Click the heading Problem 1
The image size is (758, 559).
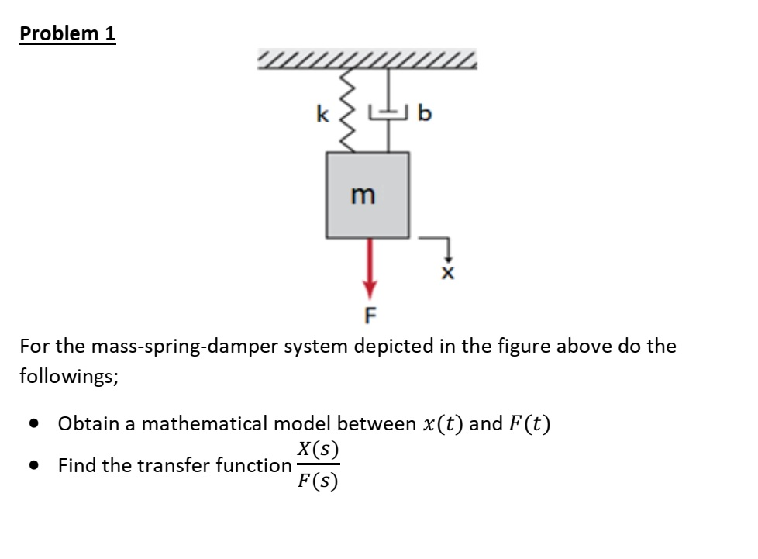(x=67, y=34)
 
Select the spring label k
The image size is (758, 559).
(x=322, y=116)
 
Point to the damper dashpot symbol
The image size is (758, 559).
(x=388, y=113)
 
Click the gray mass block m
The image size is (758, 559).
(x=367, y=195)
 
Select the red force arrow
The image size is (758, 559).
(x=369, y=267)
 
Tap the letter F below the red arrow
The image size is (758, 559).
(x=370, y=315)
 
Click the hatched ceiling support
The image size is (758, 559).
(x=367, y=60)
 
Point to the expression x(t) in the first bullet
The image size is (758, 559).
(x=443, y=424)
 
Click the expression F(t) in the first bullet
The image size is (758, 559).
(x=529, y=424)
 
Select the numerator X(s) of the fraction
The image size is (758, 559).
(x=318, y=449)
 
